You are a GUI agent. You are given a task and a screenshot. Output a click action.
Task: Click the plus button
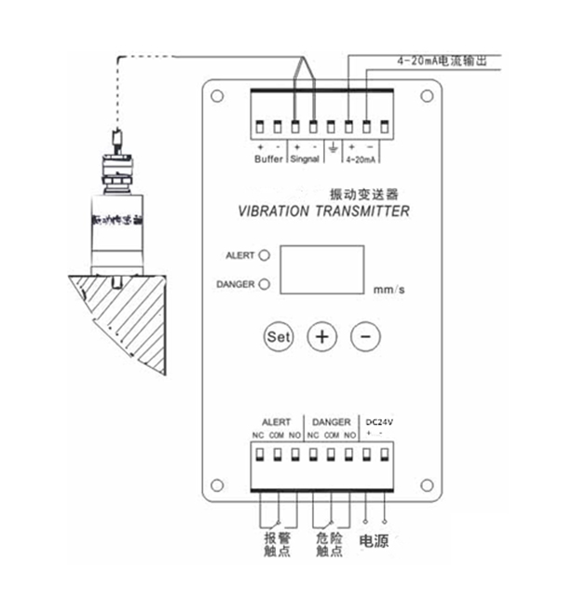(x=322, y=335)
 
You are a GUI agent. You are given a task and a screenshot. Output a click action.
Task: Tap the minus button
(x=366, y=335)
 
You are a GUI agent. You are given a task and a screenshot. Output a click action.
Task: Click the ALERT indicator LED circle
(x=265, y=254)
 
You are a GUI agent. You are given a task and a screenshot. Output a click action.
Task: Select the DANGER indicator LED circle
(x=265, y=284)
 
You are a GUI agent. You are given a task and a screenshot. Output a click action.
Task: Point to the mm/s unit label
(x=389, y=290)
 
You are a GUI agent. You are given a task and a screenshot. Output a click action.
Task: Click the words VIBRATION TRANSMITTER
(x=319, y=211)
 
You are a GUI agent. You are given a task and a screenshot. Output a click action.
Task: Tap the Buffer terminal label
(x=268, y=159)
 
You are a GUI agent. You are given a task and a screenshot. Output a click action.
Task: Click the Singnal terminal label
(x=304, y=159)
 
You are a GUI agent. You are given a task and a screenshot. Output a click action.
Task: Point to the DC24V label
(x=379, y=422)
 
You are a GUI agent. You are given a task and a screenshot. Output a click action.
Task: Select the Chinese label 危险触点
(x=325, y=546)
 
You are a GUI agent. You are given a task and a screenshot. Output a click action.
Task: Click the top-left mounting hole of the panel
(x=217, y=94)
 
